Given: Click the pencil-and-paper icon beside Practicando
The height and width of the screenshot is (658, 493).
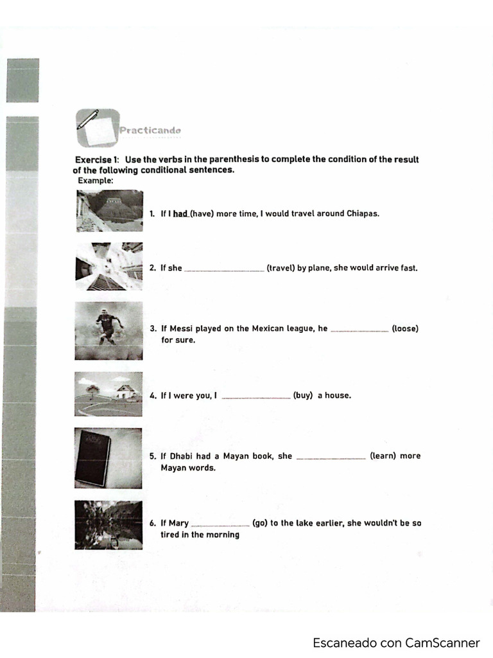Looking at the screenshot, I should point(96,127).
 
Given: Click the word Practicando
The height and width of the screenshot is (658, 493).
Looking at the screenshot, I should point(150,130).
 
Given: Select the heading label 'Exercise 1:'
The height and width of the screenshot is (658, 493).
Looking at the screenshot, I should point(97,159).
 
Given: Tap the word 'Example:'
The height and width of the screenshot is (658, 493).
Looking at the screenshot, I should point(96,181).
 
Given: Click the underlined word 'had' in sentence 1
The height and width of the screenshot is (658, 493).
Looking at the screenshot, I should point(180,213).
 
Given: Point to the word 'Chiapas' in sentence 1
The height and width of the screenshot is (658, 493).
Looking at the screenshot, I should point(363,213).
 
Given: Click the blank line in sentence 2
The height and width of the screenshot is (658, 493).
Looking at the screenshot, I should point(224,269).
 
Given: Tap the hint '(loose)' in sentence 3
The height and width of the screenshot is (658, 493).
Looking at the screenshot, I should point(404,328).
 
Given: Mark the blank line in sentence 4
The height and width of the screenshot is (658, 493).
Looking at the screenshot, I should point(256,397).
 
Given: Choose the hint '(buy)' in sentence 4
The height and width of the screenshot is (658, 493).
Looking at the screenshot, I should point(303,395).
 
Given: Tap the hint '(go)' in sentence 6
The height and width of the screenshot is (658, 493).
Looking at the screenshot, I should point(260,523).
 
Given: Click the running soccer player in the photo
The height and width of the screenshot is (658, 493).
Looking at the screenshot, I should point(107,326).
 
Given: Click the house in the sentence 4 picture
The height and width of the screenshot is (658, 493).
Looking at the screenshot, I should point(126,391).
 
